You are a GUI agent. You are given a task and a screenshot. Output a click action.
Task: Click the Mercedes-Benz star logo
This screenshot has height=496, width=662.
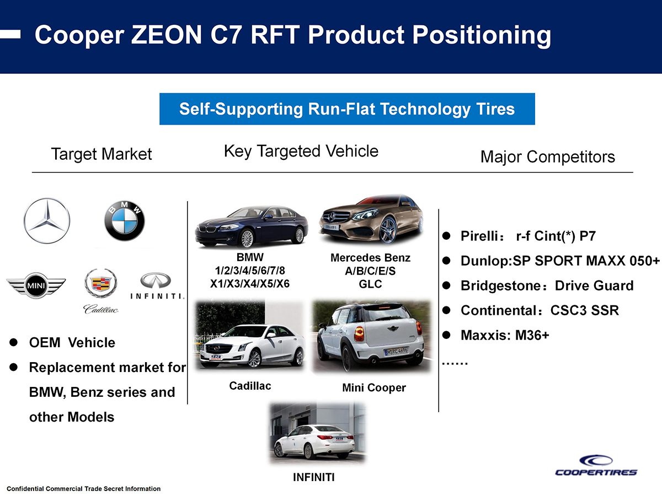click(47, 222)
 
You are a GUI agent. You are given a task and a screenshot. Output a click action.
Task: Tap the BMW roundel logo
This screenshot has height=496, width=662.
click(125, 222)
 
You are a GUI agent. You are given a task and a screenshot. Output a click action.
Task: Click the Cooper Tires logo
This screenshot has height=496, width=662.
click(596, 466)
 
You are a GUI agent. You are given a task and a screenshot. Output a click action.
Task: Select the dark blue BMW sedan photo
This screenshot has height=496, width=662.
click(252, 227)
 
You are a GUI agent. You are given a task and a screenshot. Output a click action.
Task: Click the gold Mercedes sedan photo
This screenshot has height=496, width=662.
click(371, 220)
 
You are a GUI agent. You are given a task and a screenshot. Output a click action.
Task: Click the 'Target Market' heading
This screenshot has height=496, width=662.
click(101, 154)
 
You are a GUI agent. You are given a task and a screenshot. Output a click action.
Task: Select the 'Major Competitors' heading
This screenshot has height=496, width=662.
click(547, 157)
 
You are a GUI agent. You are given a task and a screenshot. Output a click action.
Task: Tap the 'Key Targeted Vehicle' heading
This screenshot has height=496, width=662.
click(301, 151)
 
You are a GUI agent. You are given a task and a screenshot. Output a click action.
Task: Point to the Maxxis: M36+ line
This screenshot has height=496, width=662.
click(505, 335)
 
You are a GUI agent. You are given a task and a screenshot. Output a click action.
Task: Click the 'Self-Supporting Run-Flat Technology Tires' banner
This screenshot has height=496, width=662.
click(347, 109)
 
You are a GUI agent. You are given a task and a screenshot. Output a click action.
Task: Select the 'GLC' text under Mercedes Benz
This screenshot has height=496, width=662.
click(370, 284)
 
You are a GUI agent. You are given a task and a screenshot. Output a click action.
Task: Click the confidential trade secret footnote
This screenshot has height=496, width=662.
click(84, 489)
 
